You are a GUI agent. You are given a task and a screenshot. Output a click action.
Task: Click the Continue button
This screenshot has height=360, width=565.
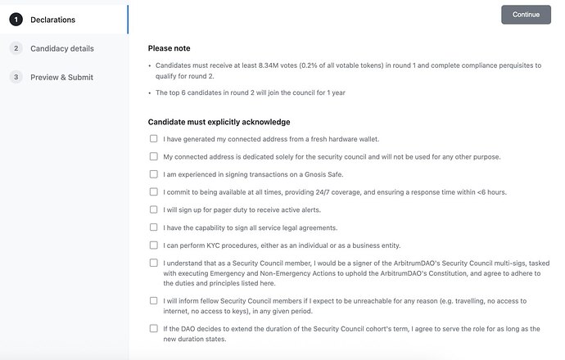click(526, 15)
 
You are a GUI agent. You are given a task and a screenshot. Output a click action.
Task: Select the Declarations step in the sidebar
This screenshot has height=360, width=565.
click(52, 20)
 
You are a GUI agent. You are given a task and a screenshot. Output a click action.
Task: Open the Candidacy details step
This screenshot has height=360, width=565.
click(61, 48)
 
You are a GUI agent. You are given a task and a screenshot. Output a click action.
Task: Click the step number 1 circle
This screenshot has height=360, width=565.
click(16, 20)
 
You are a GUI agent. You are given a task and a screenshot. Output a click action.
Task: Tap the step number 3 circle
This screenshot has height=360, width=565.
click(16, 77)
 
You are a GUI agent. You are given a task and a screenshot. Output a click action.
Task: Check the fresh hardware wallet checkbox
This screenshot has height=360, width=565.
click(154, 139)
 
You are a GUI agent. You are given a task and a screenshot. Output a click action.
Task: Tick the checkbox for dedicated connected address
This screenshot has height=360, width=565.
click(154, 156)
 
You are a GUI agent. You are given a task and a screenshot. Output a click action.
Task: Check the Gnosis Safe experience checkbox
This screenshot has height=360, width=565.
click(154, 174)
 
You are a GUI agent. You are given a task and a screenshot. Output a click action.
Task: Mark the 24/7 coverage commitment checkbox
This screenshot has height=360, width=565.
click(154, 192)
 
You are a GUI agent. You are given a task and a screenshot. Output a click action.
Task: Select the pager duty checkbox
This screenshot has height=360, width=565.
click(154, 209)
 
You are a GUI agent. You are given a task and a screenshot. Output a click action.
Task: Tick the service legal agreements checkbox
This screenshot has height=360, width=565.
click(154, 227)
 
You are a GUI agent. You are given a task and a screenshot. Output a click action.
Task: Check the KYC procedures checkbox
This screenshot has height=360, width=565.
click(154, 245)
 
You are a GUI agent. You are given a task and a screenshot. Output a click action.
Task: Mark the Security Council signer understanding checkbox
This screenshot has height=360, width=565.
click(154, 263)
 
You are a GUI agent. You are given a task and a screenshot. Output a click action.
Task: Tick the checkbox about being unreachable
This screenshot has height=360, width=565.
click(154, 300)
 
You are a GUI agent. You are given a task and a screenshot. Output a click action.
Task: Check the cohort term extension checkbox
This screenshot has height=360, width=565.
click(154, 328)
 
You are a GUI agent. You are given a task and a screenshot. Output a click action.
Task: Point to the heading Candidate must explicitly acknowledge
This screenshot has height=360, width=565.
click(219, 122)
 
